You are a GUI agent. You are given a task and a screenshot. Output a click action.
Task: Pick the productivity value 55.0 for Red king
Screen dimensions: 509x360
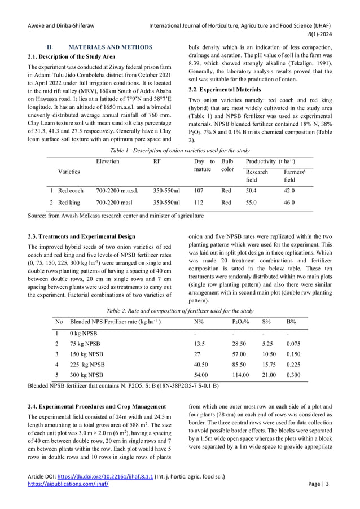tap(252, 202)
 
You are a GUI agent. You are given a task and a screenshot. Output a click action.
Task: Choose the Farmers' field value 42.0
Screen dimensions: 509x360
tap(289, 191)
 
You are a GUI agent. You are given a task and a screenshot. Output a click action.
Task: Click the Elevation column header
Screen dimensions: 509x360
tap(108, 161)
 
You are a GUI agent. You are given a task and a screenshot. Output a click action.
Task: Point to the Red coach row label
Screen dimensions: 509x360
tap(71, 191)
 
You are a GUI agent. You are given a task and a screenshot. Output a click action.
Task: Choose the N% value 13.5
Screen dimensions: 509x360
tap(199, 343)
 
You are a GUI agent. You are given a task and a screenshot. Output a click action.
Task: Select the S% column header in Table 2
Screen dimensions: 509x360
tap(266, 322)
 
